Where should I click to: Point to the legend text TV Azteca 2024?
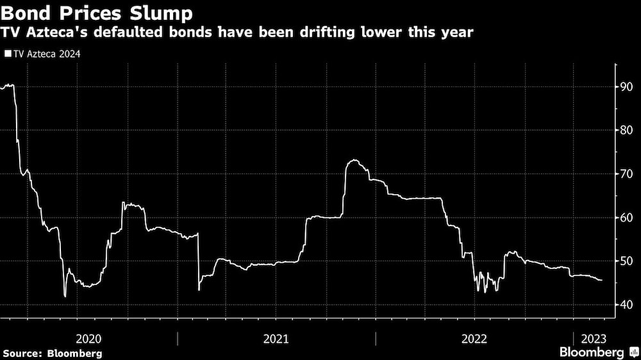click(x=45, y=54)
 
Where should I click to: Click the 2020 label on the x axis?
click(x=88, y=338)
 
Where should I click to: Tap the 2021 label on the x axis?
click(x=276, y=338)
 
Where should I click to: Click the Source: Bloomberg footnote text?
click(x=53, y=353)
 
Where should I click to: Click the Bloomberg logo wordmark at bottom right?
click(x=592, y=352)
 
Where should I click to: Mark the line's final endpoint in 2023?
click(x=601, y=280)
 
